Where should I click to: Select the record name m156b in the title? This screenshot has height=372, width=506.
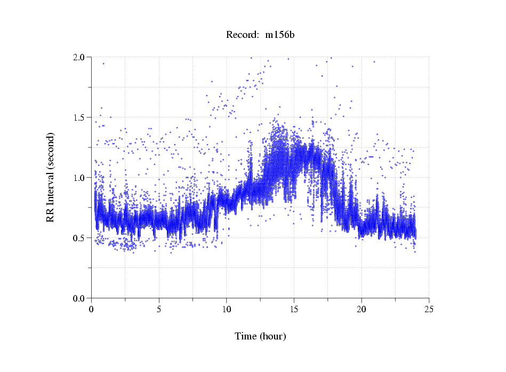pos(280,35)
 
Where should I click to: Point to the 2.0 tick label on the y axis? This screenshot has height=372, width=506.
pos(81,57)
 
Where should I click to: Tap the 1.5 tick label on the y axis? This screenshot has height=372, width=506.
pos(81,117)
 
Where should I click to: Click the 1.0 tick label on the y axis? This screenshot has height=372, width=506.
pos(81,178)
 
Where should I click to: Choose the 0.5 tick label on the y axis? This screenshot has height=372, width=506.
pos(81,238)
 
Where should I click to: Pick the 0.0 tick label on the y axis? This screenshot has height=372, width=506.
pos(81,298)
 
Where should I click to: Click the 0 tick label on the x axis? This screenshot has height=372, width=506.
pos(92,309)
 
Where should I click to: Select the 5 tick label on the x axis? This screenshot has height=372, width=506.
pos(159,309)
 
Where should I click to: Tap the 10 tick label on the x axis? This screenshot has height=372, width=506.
pos(227,309)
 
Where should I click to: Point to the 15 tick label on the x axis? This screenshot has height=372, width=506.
pos(294,309)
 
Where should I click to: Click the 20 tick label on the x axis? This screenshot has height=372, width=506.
pos(362,309)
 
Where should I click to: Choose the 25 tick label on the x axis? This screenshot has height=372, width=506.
pos(429,309)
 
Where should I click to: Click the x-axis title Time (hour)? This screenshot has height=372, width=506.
pos(260,336)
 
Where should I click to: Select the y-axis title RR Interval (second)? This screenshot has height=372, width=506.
pos(50,177)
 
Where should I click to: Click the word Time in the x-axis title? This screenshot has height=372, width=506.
pos(246,336)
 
